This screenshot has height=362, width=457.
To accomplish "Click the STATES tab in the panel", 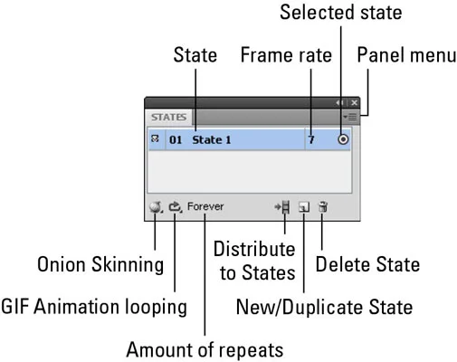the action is pyautogui.click(x=168, y=117).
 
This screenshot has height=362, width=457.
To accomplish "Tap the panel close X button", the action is pyautogui.click(x=355, y=103).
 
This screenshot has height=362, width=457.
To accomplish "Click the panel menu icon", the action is pyautogui.click(x=350, y=117).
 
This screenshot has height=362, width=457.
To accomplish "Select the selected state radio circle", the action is pyautogui.click(x=343, y=139).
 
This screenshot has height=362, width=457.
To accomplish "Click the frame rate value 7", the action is pyautogui.click(x=311, y=139).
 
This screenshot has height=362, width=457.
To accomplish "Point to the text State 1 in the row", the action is pyautogui.click(x=212, y=139).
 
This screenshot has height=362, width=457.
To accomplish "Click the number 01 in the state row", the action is pyautogui.click(x=176, y=140).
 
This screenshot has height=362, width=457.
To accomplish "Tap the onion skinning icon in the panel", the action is pyautogui.click(x=156, y=207).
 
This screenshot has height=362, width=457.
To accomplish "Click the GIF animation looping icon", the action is pyautogui.click(x=176, y=207).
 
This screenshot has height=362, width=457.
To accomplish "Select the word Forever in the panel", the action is pyautogui.click(x=205, y=206).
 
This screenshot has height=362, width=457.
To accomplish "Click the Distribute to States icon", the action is pyautogui.click(x=282, y=207).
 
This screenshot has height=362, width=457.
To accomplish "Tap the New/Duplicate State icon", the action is pyautogui.click(x=304, y=207).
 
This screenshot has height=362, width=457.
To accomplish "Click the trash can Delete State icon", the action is pyautogui.click(x=323, y=207).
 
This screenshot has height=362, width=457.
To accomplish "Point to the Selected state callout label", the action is pyautogui.click(x=341, y=13).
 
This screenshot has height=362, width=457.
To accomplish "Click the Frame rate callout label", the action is pyautogui.click(x=286, y=55).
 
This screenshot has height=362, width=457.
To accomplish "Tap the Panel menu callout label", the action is pyautogui.click(x=406, y=55).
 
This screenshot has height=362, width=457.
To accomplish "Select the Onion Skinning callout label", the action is pyautogui.click(x=100, y=265).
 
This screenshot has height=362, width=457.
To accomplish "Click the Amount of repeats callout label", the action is pyautogui.click(x=205, y=350).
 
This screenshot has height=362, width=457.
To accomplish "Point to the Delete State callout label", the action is pyautogui.click(x=367, y=264).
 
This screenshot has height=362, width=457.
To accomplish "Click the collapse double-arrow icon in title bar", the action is pyautogui.click(x=340, y=103).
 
